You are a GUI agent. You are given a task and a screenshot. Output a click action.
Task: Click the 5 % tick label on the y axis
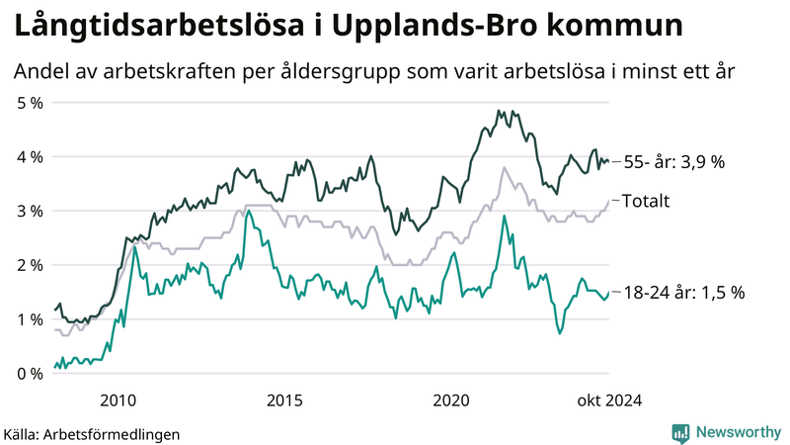pyautogui.click(x=29, y=102)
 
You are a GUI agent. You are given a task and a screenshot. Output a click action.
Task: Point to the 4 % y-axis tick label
pyautogui.click(x=29, y=156)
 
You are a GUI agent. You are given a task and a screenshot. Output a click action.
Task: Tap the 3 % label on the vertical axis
pyautogui.click(x=29, y=211)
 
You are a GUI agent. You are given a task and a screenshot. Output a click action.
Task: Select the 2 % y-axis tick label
pyautogui.click(x=29, y=265)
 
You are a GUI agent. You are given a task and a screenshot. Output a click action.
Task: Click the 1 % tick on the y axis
pyautogui.click(x=29, y=319)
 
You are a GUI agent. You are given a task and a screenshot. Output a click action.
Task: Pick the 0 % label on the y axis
pyautogui.click(x=29, y=374)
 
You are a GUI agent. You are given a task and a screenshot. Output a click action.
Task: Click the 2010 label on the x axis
pyautogui.click(x=118, y=400)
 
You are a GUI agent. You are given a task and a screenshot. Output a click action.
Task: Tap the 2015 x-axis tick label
pyautogui.click(x=284, y=400)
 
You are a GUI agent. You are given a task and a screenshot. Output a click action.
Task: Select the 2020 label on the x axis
pyautogui.click(x=451, y=400)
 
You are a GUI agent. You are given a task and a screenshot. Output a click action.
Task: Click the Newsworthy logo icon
pyautogui.click(x=680, y=432)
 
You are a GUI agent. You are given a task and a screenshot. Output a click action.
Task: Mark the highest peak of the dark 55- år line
pyautogui.click(x=498, y=111)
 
